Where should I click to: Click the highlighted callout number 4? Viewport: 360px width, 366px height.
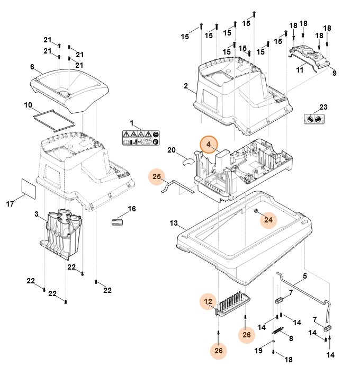209,145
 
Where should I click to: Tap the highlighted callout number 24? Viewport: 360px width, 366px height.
268,219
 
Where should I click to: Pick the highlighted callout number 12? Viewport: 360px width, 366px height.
208,302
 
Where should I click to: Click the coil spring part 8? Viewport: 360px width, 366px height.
276,329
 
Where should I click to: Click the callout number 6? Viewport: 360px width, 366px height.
32,67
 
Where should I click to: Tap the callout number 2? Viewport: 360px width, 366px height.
186,86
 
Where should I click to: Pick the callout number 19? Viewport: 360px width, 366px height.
258,350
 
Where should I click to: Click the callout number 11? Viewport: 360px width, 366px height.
300,69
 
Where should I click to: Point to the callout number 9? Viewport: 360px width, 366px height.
334,73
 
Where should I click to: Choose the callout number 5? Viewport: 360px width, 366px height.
304,276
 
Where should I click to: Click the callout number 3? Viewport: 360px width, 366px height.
36,215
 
